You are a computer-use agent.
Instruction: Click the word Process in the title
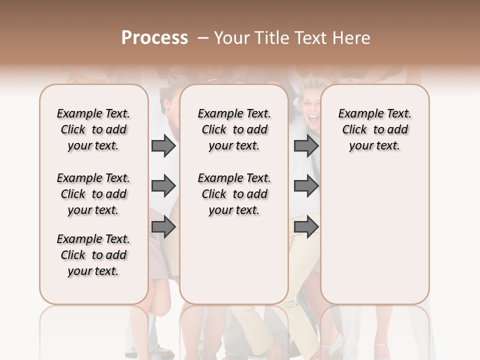pos(154,38)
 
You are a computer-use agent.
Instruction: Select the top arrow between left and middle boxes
pos(163,146)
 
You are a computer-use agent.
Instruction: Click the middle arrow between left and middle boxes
pos(163,186)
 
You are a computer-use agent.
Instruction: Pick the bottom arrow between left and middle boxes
pos(163,227)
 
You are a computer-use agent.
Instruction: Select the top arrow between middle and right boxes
pos(306,146)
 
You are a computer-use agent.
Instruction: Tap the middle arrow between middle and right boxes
pos(306,186)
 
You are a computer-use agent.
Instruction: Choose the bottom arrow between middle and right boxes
pos(306,227)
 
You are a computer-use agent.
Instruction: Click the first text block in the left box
pos(93,129)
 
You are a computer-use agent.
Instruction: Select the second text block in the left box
pos(93,194)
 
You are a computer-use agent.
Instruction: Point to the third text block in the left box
pos(93,255)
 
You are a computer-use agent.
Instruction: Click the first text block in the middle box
pos(234,129)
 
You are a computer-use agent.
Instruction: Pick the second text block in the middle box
pos(234,194)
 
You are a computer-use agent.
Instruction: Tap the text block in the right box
pos(374,129)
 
